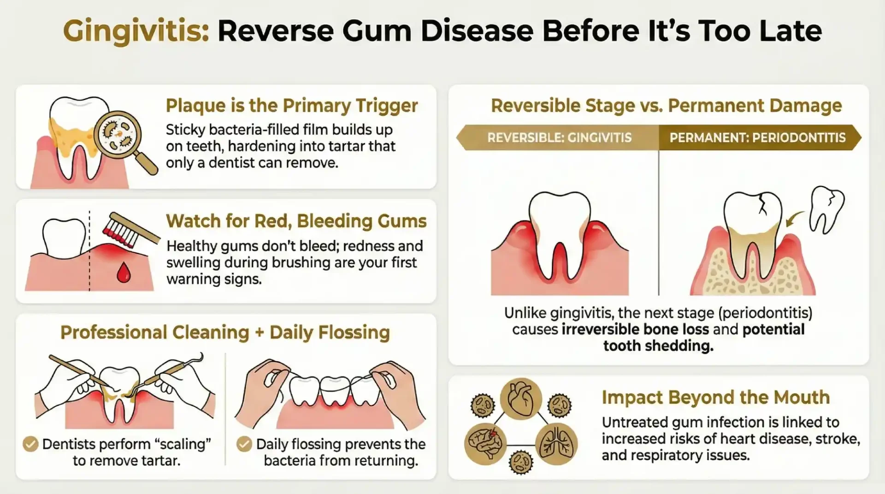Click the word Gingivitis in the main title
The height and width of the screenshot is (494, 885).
(136, 31)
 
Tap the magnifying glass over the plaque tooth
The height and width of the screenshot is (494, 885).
(117, 133)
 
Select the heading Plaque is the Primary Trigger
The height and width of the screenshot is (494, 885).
(291, 106)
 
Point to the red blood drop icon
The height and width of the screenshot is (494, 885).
(124, 272)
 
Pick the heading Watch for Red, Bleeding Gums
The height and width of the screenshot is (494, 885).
(296, 221)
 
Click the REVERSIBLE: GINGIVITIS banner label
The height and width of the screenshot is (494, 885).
(559, 137)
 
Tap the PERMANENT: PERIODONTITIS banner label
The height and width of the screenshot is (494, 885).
(757, 137)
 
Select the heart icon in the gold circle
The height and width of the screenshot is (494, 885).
(520, 399)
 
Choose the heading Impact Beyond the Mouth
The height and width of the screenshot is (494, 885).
(715, 397)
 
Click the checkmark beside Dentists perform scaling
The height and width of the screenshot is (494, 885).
(30, 444)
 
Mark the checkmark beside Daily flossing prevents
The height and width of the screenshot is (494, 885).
(244, 444)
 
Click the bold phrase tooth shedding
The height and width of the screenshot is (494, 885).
(658, 345)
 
